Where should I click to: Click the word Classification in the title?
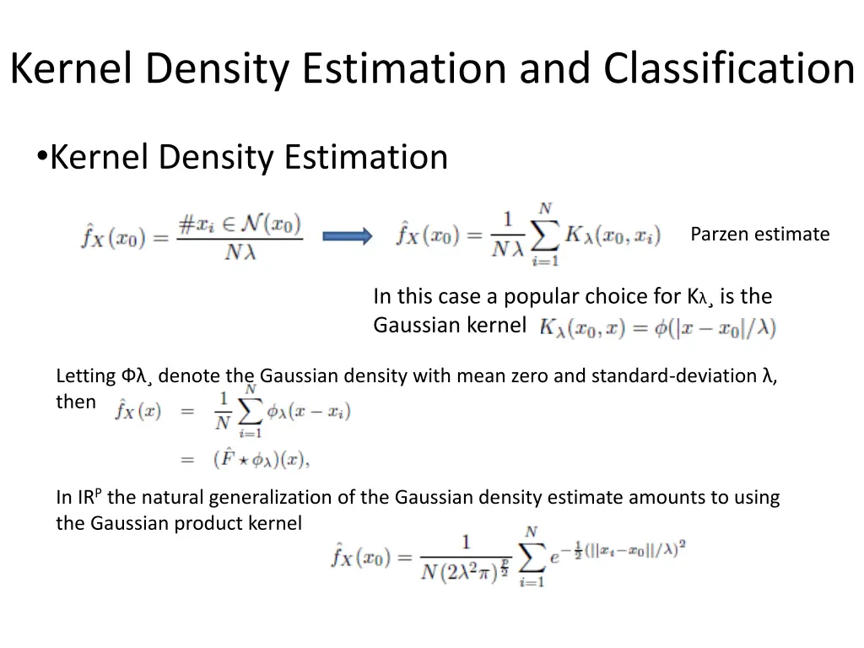(x=729, y=69)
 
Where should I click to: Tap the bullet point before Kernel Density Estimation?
(x=41, y=158)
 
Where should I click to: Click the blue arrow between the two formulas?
(x=348, y=236)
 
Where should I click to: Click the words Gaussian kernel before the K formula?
(x=450, y=325)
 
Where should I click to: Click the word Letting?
(x=85, y=376)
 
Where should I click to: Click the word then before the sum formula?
(x=76, y=402)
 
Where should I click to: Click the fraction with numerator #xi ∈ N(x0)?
(x=240, y=237)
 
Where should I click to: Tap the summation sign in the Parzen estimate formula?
(x=545, y=236)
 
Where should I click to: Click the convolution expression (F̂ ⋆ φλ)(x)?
(x=262, y=460)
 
